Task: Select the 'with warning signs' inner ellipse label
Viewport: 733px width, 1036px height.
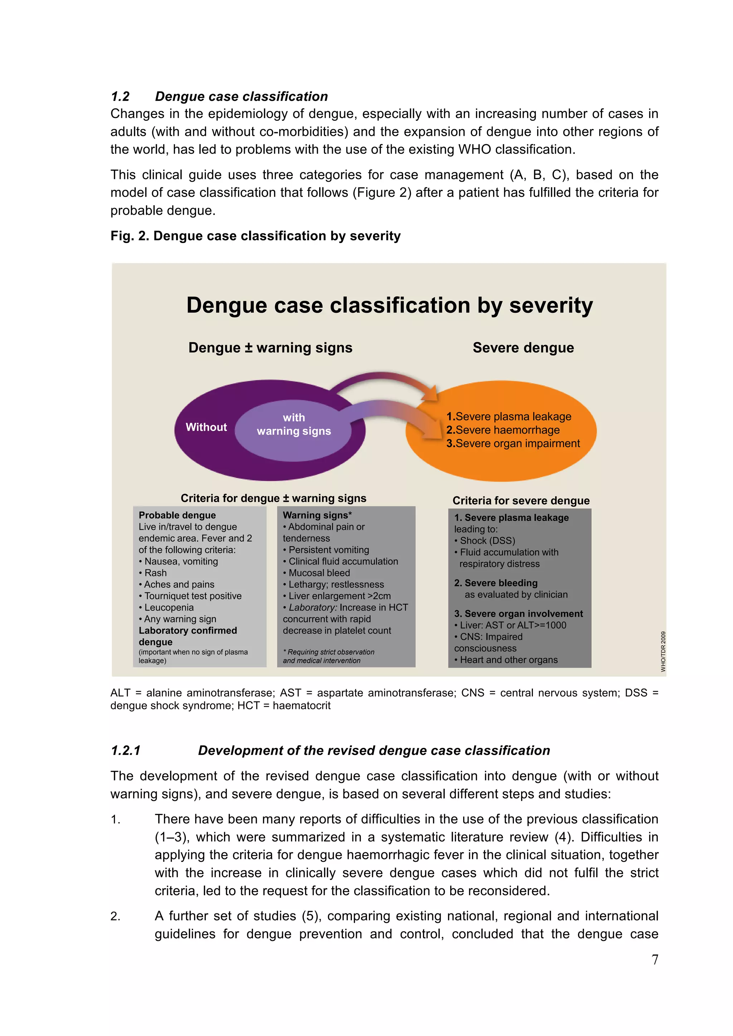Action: pos(293,424)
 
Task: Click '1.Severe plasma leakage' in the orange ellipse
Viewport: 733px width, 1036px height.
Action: pos(509,416)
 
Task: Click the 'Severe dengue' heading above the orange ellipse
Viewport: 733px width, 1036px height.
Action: pos(523,347)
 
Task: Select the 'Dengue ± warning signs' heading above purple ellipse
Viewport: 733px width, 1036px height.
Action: pos(270,347)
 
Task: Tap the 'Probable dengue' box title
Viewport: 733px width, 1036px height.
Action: pos(177,515)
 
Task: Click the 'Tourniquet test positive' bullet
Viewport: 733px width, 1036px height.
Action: pos(193,596)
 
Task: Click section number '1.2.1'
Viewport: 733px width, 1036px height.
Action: pos(126,750)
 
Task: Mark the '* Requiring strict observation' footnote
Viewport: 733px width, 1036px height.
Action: pos(329,652)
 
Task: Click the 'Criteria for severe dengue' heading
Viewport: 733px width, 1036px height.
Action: pos(521,500)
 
